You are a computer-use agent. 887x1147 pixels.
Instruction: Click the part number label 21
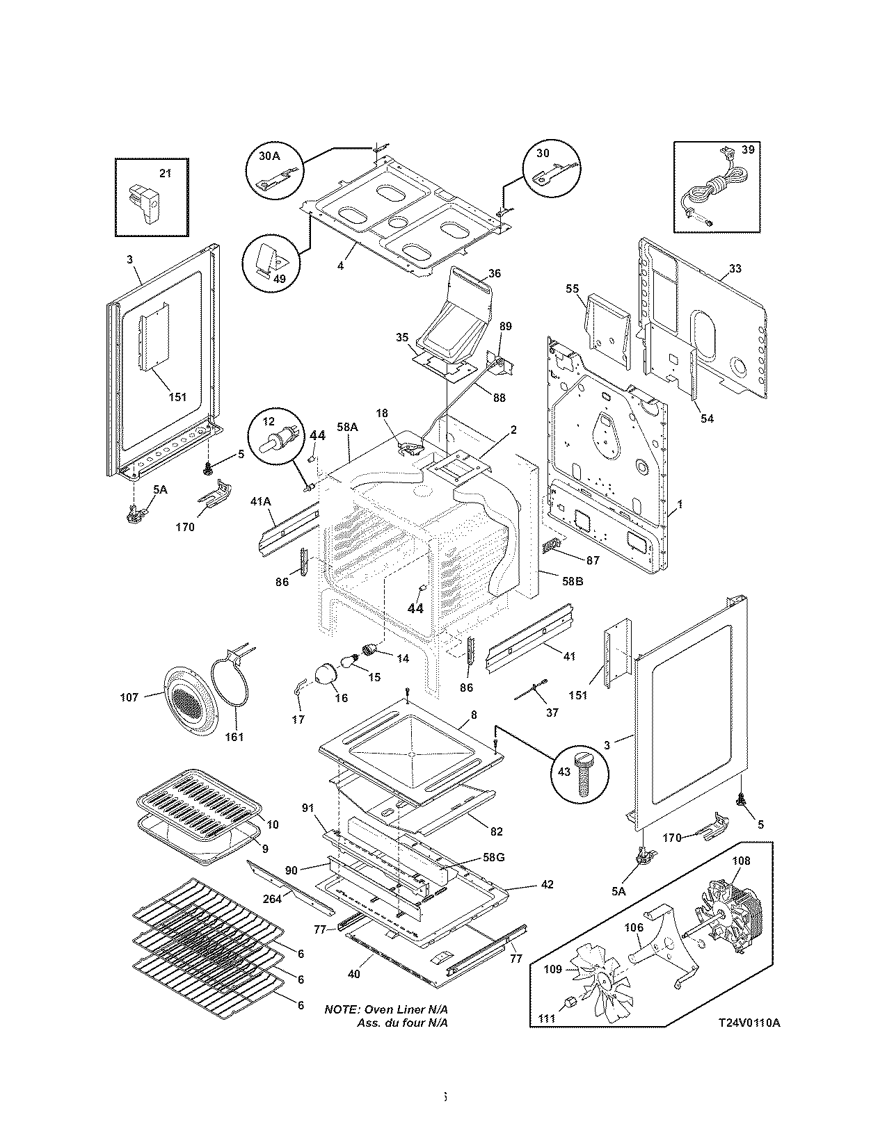[165, 173]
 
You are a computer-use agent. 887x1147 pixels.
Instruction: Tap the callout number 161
[234, 736]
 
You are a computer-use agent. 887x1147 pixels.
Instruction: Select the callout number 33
[735, 269]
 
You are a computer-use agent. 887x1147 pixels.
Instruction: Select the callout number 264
[273, 899]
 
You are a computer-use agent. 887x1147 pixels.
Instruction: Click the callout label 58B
[572, 580]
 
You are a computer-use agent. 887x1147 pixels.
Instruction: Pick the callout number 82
[495, 831]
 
